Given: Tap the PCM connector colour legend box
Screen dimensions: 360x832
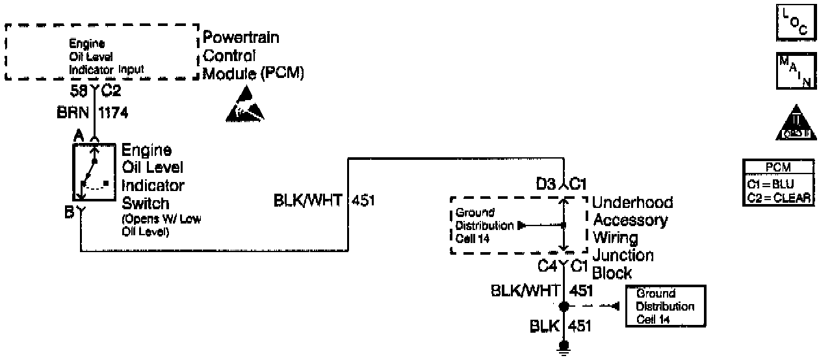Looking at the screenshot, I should tap(778, 184).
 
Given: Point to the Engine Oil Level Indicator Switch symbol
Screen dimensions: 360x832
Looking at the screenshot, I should tap(94, 173).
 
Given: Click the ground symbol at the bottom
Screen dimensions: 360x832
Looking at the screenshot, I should tap(564, 347).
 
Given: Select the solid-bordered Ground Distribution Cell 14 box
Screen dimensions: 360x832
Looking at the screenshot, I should tap(666, 306).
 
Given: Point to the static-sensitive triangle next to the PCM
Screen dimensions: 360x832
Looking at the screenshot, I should tap(245, 107).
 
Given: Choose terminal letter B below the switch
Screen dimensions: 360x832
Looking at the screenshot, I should tap(68, 211).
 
